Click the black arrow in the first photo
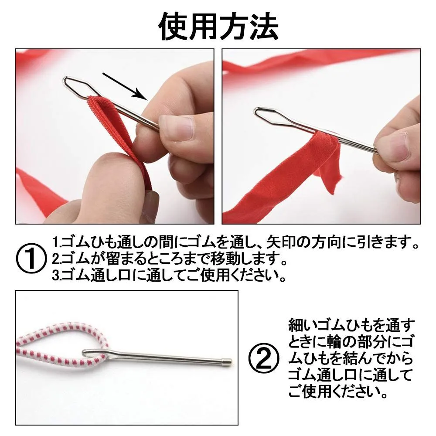click(x=125, y=86)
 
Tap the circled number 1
click(x=31, y=258)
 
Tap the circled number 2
click(x=263, y=358)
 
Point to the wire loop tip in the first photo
click(x=65, y=80)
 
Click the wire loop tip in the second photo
click(x=255, y=111)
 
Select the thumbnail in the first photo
click(x=176, y=127)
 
